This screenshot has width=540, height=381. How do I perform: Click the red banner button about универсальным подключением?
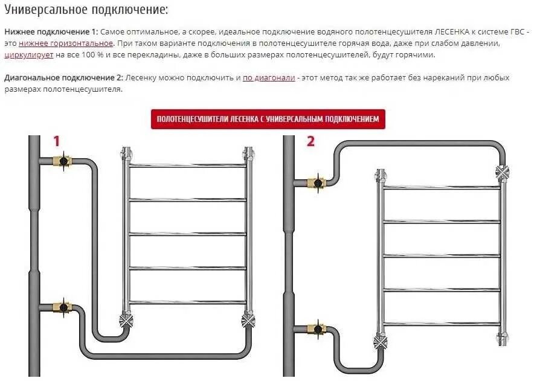tap(268, 119)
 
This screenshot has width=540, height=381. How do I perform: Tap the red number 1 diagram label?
tap(57, 141)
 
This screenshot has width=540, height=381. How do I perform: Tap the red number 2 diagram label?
tap(310, 141)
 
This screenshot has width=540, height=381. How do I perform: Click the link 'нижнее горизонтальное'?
tap(66, 43)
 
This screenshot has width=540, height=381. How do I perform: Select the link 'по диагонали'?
tap(269, 78)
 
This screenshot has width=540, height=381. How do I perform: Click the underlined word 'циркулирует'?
tap(29, 55)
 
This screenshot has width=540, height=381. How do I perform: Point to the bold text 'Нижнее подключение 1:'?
tap(51, 32)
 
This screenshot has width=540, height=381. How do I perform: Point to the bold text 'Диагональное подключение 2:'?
tap(63, 78)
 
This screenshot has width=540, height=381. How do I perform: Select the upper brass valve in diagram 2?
tap(316, 182)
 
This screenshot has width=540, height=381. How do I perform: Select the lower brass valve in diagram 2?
tap(316, 329)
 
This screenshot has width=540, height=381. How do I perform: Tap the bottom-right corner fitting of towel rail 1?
tap(247, 319)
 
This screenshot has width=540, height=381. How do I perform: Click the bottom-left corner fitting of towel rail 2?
tap(381, 342)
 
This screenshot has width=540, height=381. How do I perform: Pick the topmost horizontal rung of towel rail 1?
tap(188, 165)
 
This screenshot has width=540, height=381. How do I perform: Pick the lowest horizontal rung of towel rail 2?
tap(442, 324)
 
